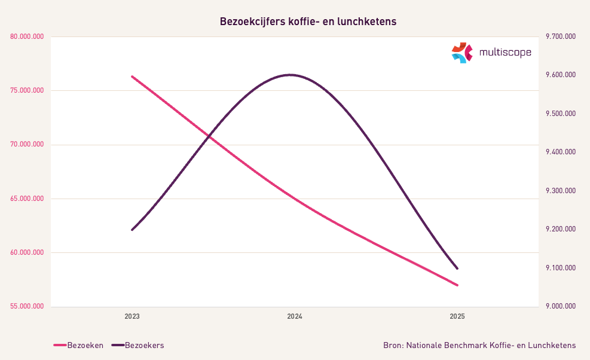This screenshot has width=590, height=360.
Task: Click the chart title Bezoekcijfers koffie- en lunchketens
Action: pyautogui.click(x=308, y=22)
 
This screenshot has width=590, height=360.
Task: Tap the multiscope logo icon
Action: pyautogui.click(x=461, y=53)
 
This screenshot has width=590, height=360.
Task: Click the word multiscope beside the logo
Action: pyautogui.click(x=505, y=53)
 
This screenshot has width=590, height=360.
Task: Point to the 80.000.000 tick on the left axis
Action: pyautogui.click(x=27, y=37)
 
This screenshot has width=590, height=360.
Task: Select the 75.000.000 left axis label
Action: pyautogui.click(x=27, y=91)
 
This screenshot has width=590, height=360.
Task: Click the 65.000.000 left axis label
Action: pyautogui.click(x=27, y=199)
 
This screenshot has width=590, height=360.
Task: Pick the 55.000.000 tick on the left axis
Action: pyautogui.click(x=27, y=306)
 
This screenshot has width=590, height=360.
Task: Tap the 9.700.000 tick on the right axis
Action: pyautogui.click(x=561, y=37)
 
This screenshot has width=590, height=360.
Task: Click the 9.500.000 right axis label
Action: pyautogui.click(x=561, y=114)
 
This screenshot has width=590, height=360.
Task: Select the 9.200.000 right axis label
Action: pyautogui.click(x=561, y=229)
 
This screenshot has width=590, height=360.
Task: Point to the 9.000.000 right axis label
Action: pyautogui.click(x=561, y=306)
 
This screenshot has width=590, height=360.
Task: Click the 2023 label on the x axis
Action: pyautogui.click(x=132, y=316)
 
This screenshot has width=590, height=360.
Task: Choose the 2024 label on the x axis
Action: pyautogui.click(x=295, y=316)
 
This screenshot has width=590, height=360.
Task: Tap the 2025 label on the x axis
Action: pyautogui.click(x=457, y=316)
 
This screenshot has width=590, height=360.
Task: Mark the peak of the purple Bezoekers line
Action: pyautogui.click(x=291, y=75)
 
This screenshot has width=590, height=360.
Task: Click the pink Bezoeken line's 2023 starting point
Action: pyautogui.click(x=132, y=77)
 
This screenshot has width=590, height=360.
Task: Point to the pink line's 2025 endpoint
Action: pyautogui.click(x=457, y=285)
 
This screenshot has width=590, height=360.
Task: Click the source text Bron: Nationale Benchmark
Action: pyautogui.click(x=479, y=345)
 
